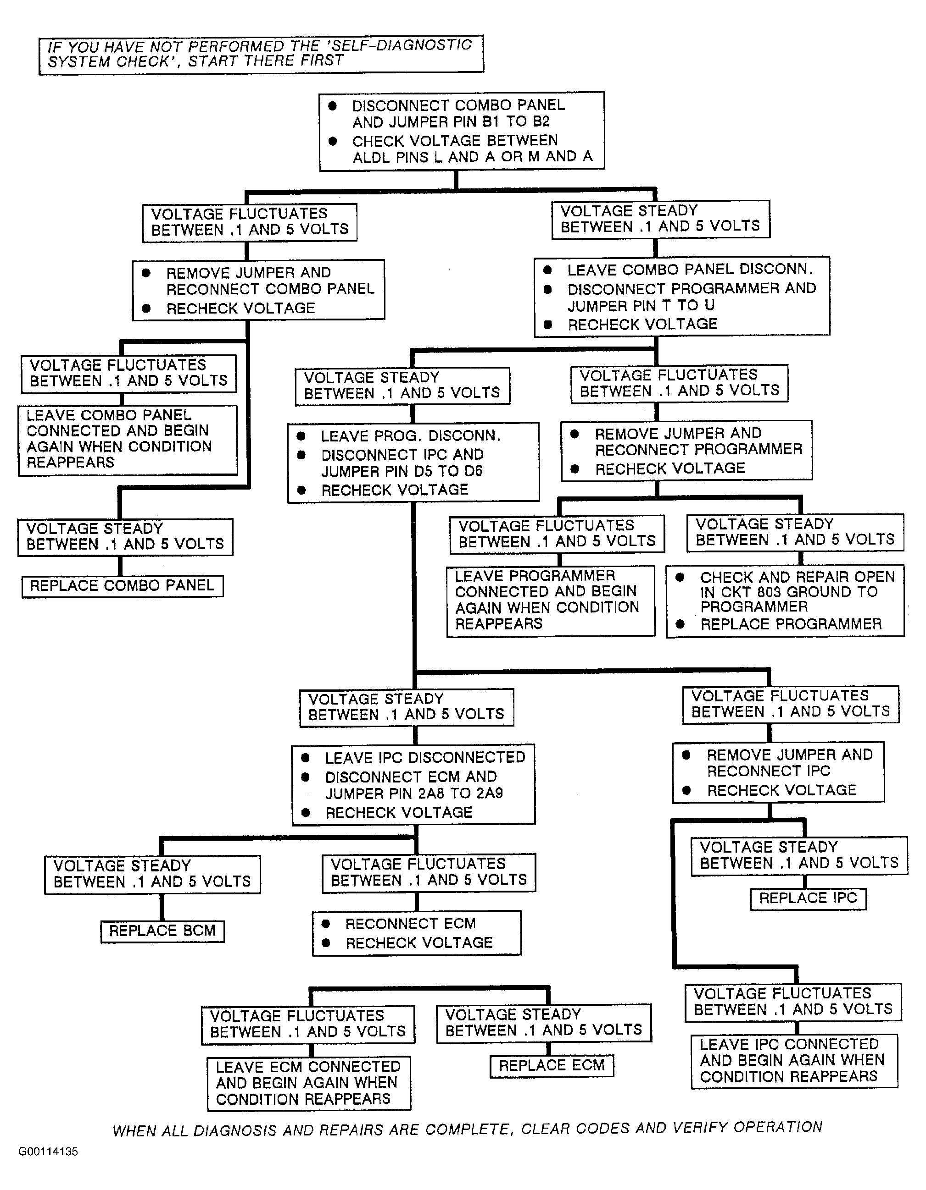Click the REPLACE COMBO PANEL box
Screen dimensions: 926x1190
pos(123,586)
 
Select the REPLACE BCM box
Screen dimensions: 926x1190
pos(162,931)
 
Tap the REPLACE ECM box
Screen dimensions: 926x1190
pos(552,1066)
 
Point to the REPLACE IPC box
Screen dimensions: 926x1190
pos(808,898)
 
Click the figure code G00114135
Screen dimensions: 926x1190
pos(48,1151)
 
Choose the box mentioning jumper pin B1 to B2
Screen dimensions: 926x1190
pos(462,131)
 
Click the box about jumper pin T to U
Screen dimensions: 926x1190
pos(682,296)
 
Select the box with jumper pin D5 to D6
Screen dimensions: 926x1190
pos(413,462)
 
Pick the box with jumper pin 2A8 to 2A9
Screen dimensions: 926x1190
pos(413,785)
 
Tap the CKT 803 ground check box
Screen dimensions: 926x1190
pos(785,601)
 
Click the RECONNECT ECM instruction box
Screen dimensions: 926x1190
pos(417,933)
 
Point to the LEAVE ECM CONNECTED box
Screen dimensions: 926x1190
pos(309,1083)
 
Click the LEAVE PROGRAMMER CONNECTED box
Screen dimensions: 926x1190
pos(551,601)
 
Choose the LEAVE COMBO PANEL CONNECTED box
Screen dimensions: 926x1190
pos(128,440)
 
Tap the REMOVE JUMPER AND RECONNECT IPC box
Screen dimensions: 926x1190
pos(778,772)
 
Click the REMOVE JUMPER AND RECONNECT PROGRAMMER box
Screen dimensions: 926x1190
pos(686,451)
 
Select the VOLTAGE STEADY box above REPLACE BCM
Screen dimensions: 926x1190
pos(153,875)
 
